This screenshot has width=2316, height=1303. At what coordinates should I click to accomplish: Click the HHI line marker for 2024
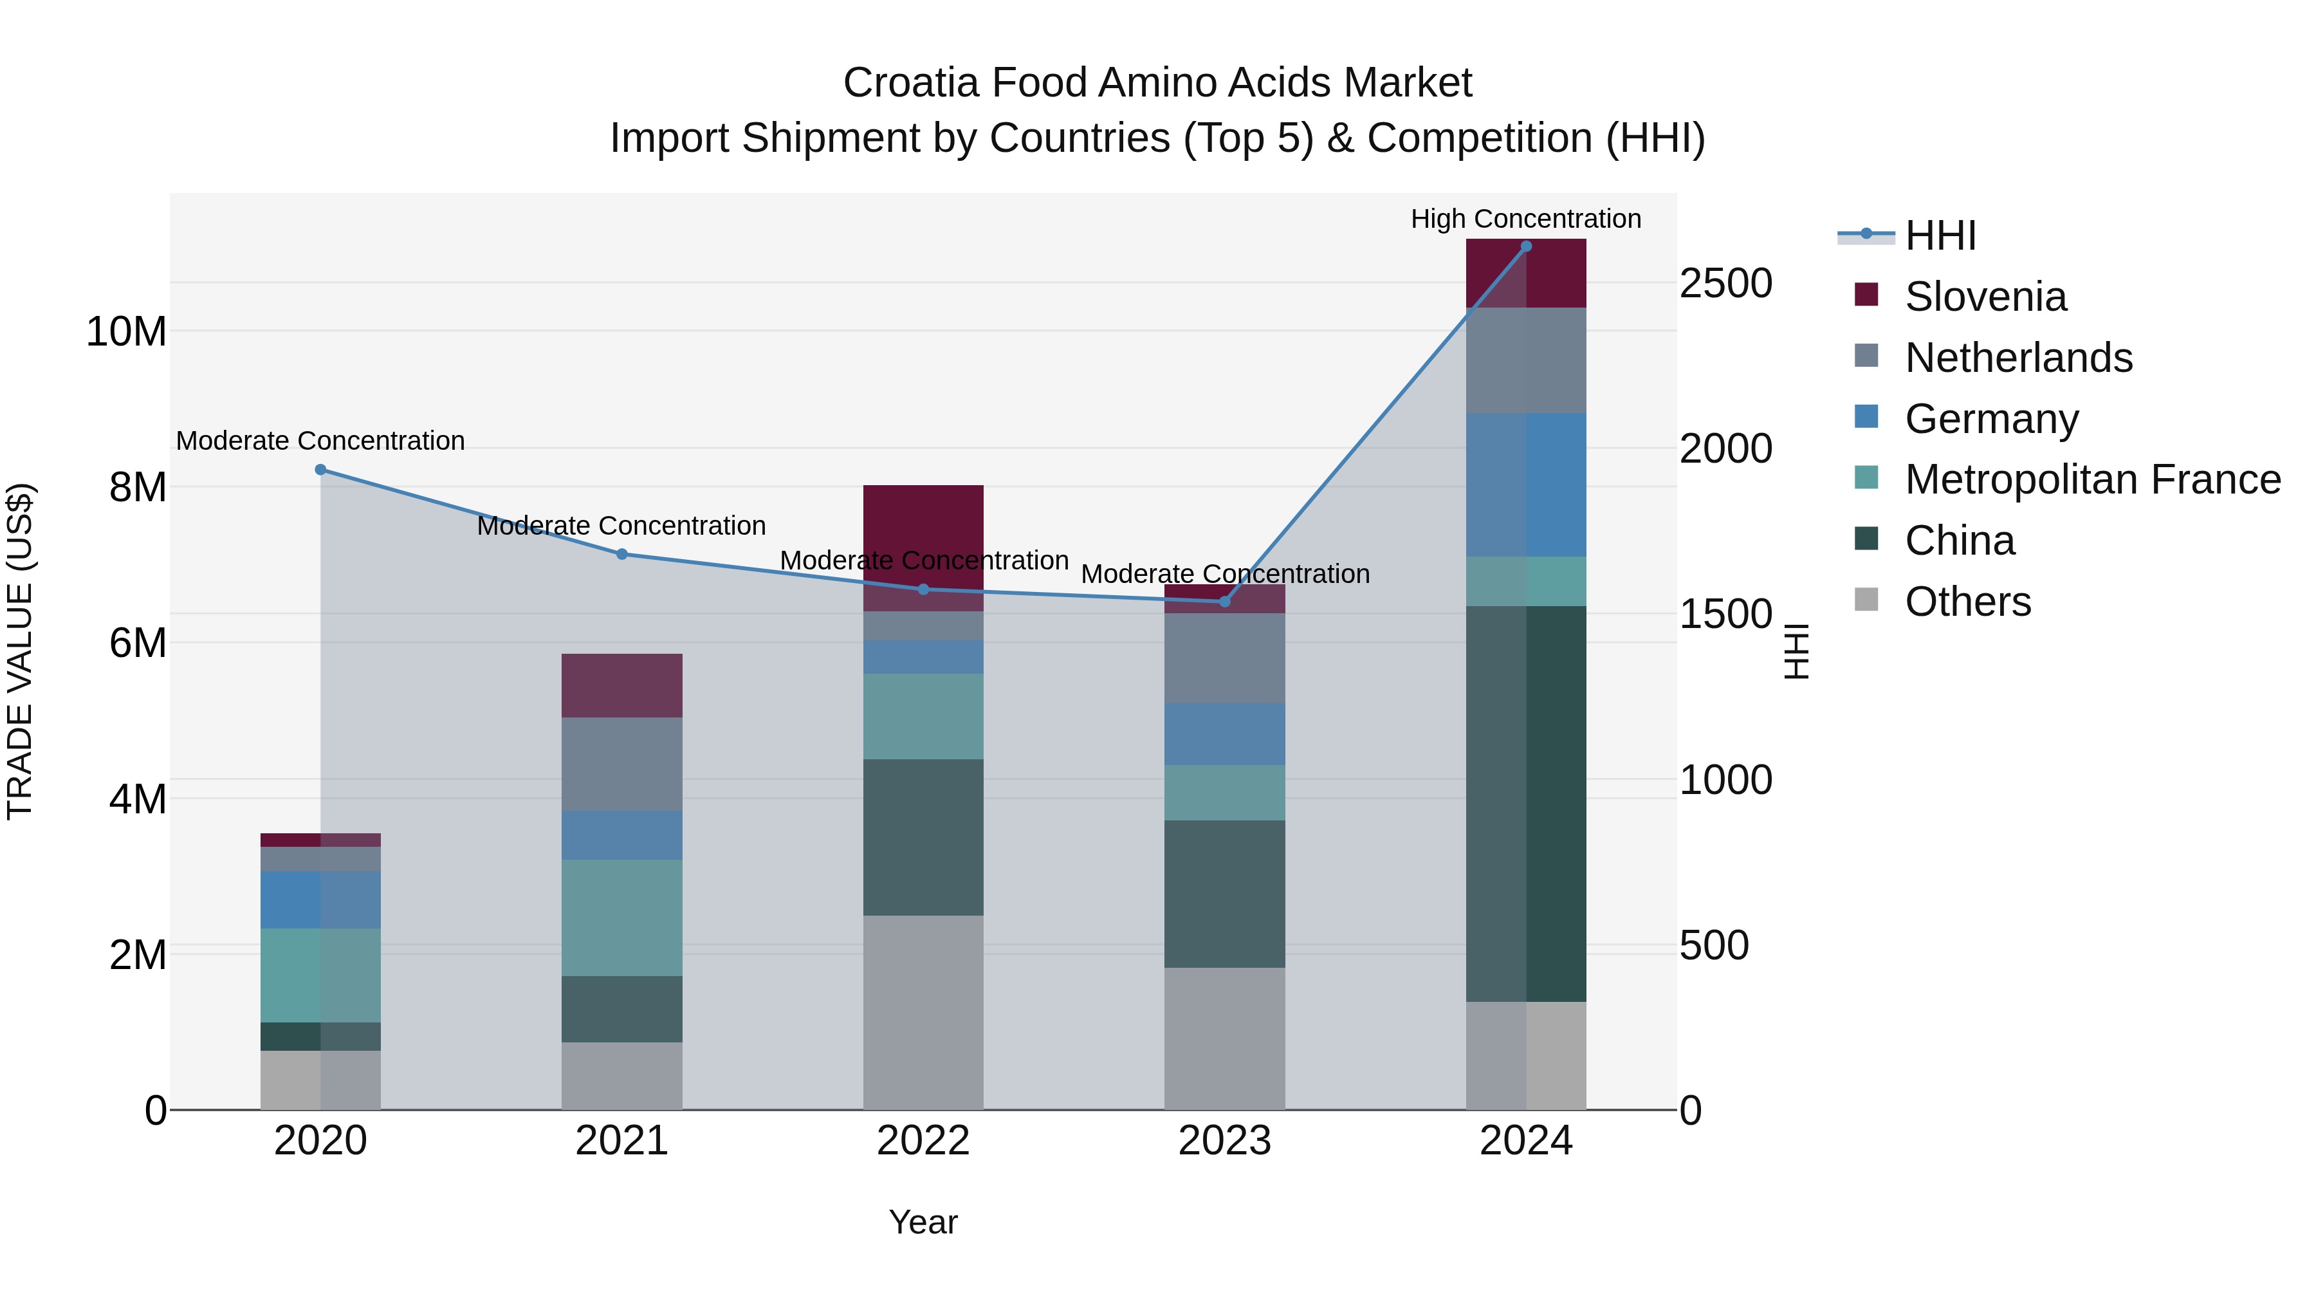coord(1526,246)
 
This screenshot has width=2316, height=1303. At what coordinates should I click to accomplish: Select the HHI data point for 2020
coord(321,470)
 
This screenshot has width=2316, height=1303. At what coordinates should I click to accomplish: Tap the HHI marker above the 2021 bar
coord(621,554)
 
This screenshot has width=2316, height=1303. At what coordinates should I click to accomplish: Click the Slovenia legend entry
coord(1985,297)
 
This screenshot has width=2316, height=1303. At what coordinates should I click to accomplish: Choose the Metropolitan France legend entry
coord(2092,479)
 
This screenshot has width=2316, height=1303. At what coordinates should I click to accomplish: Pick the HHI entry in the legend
coord(1940,236)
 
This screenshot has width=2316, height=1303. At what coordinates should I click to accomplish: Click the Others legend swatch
coord(1866,600)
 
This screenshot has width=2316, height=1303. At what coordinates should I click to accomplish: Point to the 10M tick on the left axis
coord(126,332)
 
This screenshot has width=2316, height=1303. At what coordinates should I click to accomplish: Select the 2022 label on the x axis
coord(923,1141)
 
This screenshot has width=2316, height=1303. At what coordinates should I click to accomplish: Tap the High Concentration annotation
coord(1526,219)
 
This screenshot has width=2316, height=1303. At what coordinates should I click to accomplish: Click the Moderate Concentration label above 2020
coord(320,441)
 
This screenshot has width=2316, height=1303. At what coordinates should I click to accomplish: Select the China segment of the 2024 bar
coord(1526,803)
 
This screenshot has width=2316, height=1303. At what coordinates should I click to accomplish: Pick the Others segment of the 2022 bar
coord(923,1012)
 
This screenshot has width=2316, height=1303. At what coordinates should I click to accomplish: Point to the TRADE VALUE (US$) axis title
coord(20,651)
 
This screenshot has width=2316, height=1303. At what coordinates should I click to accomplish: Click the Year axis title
coord(923,1222)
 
